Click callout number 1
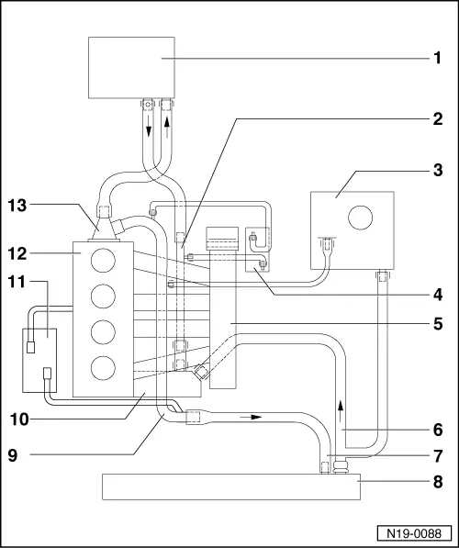tap(437, 58)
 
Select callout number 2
tap(438, 119)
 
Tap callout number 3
tap(438, 170)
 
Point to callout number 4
tap(438, 296)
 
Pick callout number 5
tap(438, 324)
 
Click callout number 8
tap(438, 482)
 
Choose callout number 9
tap(13, 455)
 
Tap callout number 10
tap(19, 419)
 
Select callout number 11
tap(17, 282)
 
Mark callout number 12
tap(17, 254)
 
